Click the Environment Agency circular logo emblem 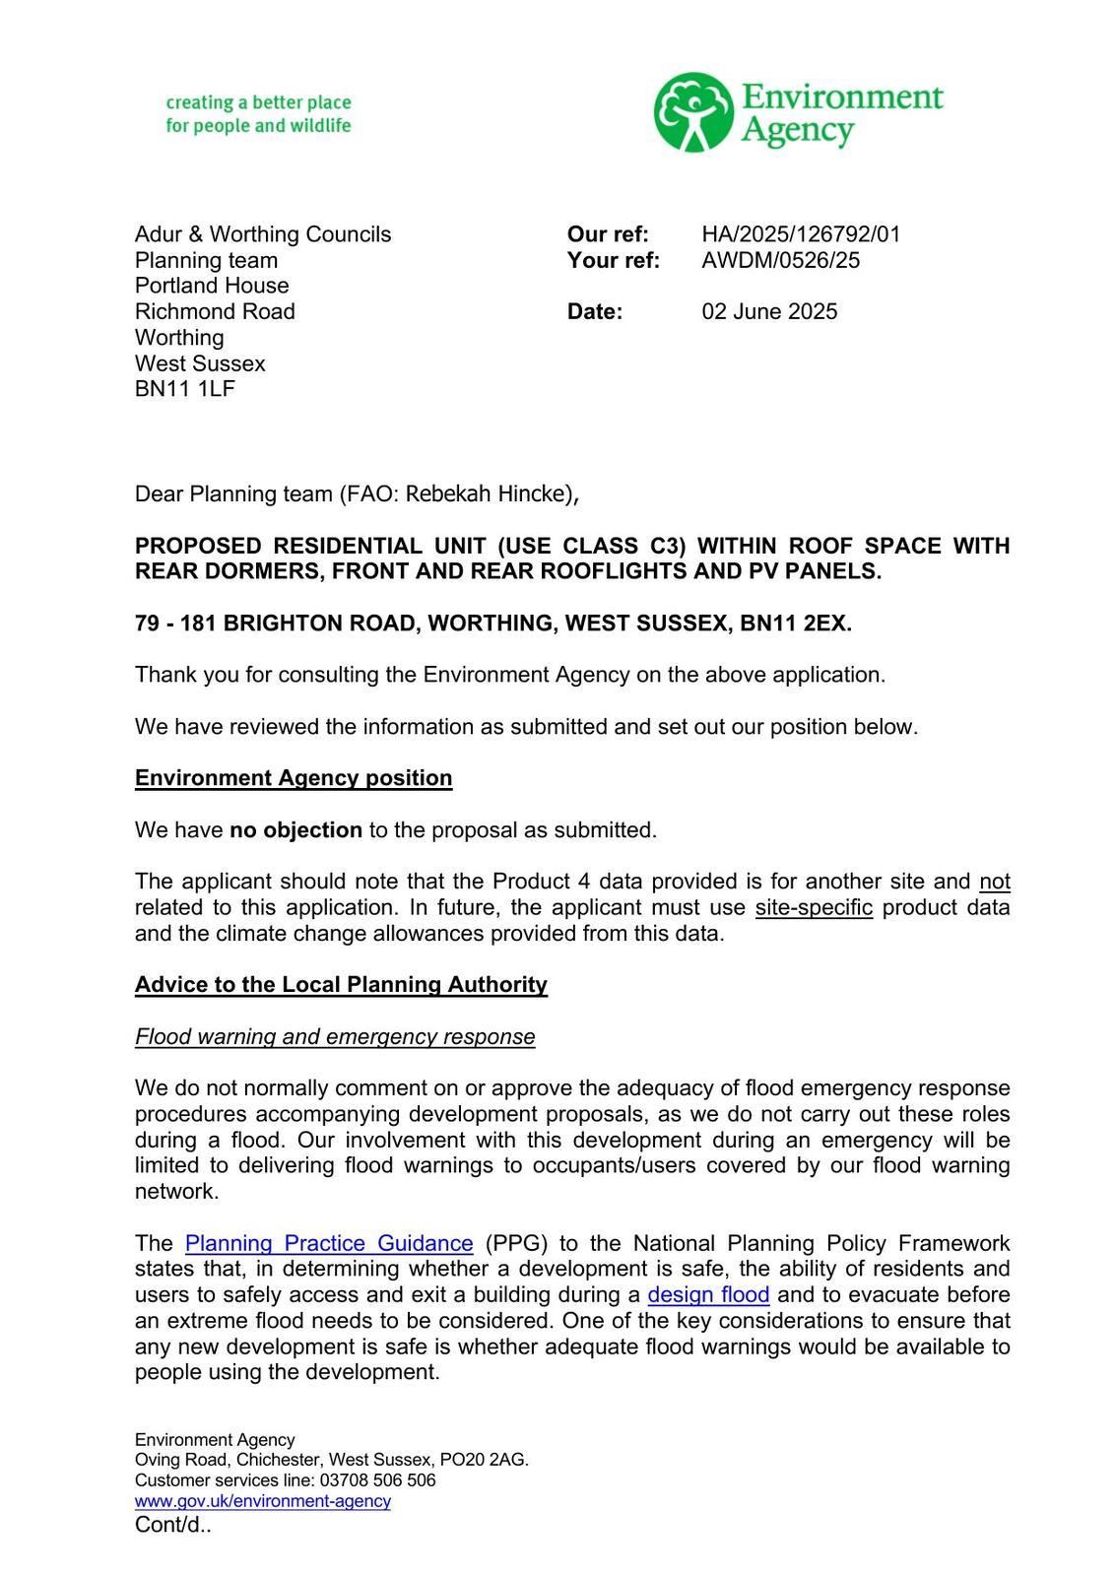[x=693, y=111]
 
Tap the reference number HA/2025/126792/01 [x=801, y=234]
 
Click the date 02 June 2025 [x=769, y=311]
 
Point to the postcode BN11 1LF [x=185, y=388]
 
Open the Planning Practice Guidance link [x=329, y=1243]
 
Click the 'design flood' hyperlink [x=708, y=1294]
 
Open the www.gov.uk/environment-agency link [x=263, y=1501]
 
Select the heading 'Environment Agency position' [x=294, y=778]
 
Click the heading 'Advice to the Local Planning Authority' [x=341, y=985]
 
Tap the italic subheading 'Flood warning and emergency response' [x=335, y=1036]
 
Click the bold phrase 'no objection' [x=295, y=830]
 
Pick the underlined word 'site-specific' [x=814, y=907]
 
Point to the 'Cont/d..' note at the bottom [x=173, y=1525]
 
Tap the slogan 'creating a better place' [x=258, y=102]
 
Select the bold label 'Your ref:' [x=613, y=260]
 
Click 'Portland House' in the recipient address [x=212, y=286]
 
